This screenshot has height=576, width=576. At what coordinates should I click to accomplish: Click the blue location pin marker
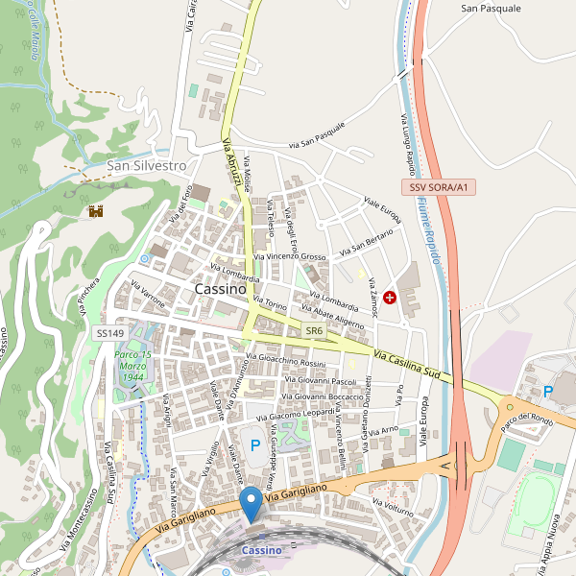252,503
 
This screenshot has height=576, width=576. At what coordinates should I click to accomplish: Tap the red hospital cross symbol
390,298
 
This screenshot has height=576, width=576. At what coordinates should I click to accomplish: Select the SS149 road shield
110,333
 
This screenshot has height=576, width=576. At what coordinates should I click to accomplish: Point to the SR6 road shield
314,330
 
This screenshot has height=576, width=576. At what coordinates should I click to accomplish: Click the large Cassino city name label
220,289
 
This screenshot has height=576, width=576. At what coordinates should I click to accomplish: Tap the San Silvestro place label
146,165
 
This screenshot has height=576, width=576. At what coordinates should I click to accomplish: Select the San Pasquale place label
491,8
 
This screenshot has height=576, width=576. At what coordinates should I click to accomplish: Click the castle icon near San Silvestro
96,210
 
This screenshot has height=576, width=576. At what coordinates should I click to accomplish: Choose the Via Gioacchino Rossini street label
286,362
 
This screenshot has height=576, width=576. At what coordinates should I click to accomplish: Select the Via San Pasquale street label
316,137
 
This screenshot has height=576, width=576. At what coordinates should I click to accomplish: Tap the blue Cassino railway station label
261,550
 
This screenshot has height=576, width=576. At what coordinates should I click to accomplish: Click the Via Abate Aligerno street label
332,316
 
